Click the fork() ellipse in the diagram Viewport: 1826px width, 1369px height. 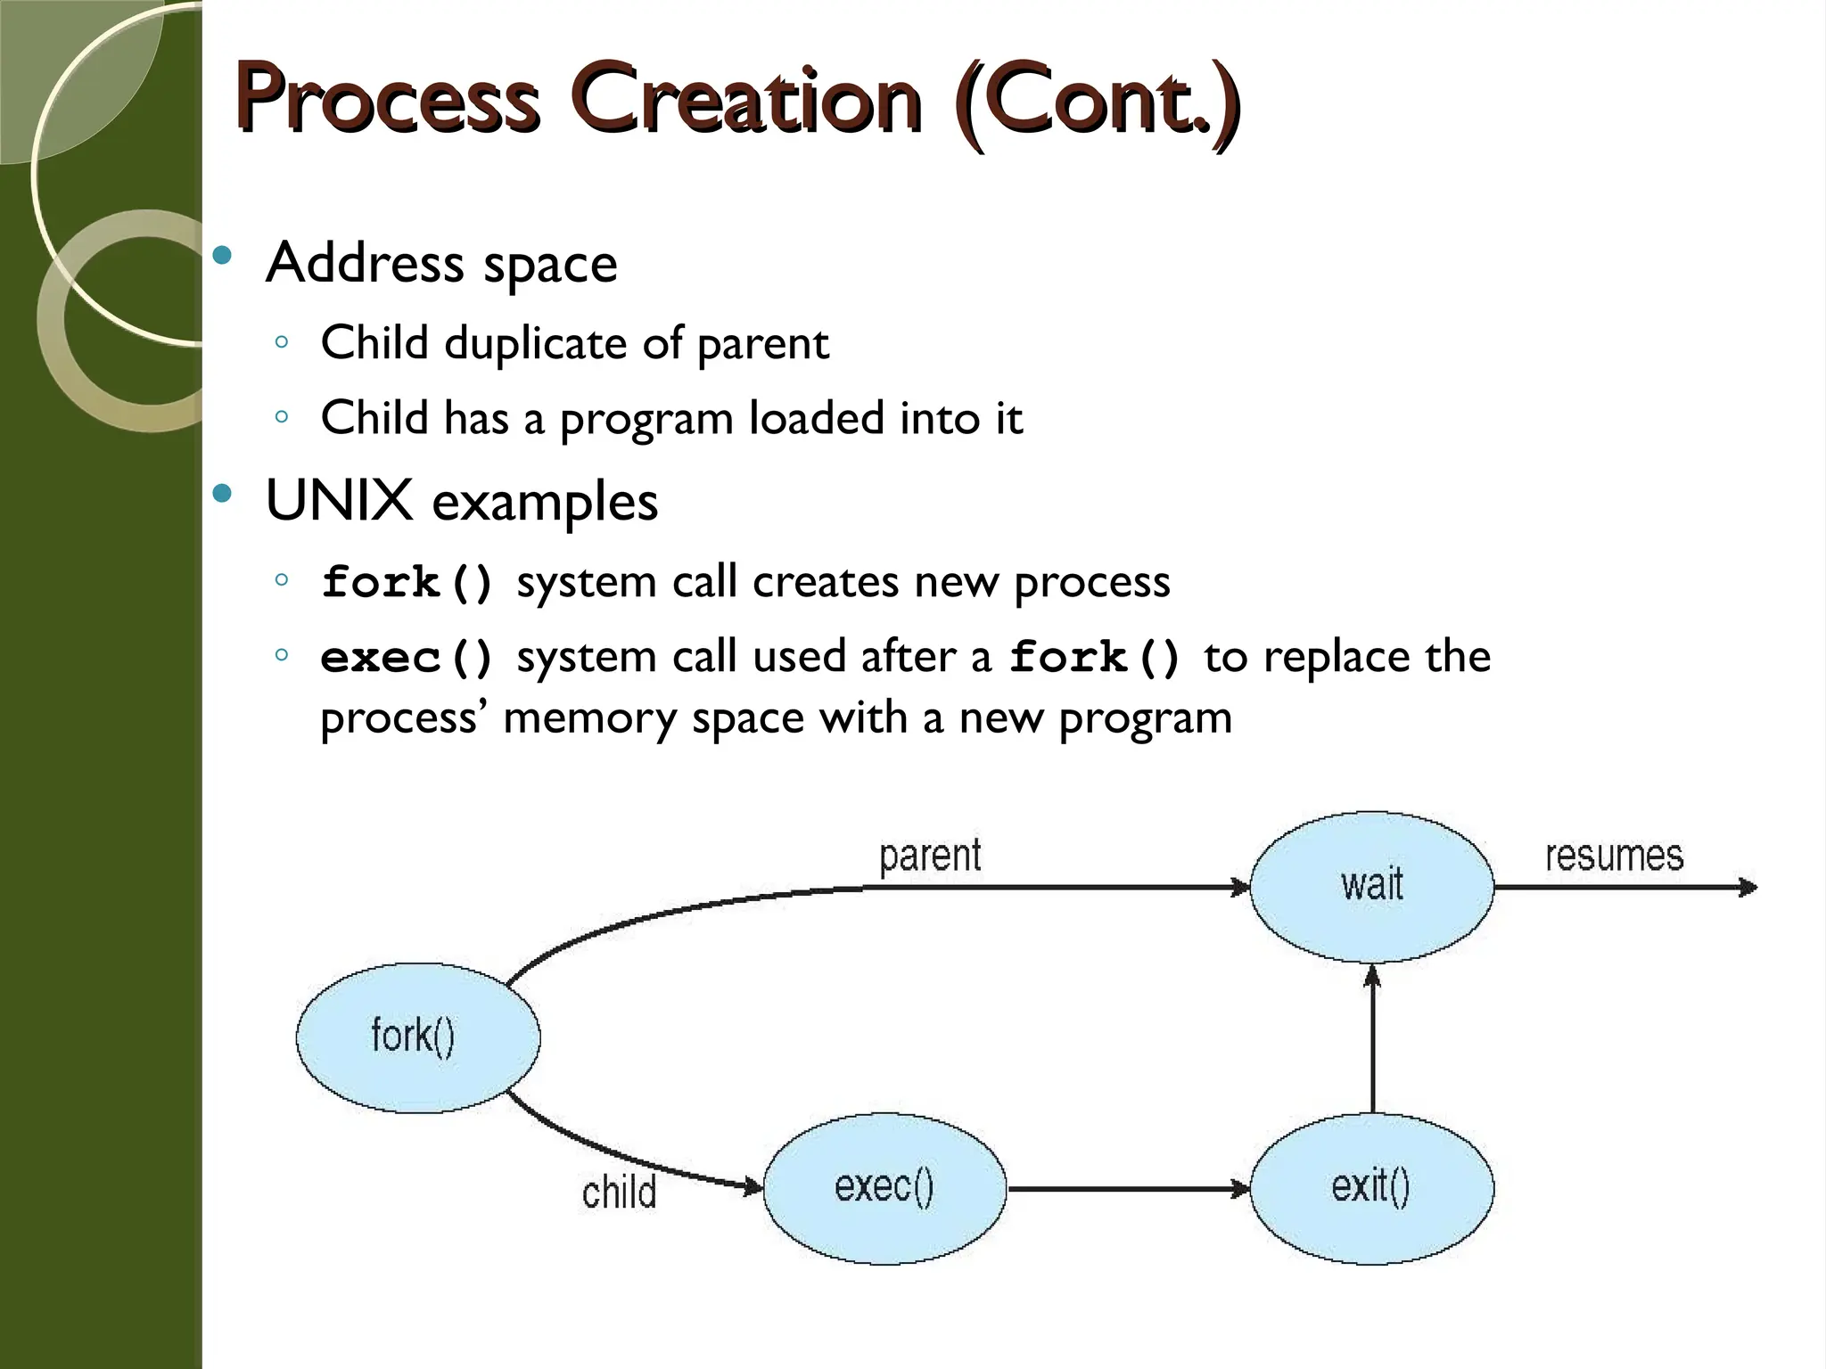(x=417, y=1037)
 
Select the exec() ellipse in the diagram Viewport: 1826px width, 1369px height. (x=884, y=1188)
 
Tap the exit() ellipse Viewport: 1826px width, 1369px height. (x=1371, y=1188)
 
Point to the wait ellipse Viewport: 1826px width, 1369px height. (x=1371, y=886)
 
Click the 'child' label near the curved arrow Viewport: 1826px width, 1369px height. (x=619, y=1193)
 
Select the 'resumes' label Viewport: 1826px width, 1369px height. (x=1614, y=857)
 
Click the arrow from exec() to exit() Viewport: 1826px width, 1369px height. (x=1128, y=1188)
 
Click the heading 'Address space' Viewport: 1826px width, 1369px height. (x=441, y=264)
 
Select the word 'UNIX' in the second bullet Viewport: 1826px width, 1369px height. (x=339, y=500)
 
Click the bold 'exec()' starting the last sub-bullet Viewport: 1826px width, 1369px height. (x=407, y=659)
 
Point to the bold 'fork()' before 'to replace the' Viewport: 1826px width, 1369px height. (x=1095, y=659)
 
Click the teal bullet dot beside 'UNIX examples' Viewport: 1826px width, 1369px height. (x=223, y=493)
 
